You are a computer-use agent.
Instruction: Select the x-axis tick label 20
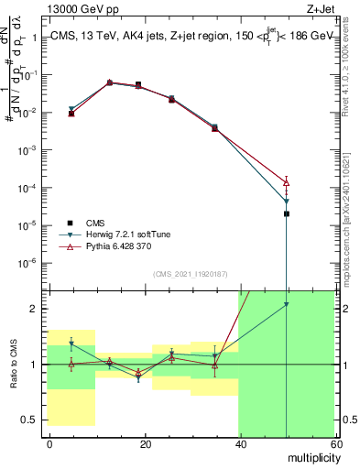(145, 442)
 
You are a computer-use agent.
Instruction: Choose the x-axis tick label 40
(240, 442)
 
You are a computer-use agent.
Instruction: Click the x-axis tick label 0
(49, 442)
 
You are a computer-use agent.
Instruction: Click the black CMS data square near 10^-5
(287, 213)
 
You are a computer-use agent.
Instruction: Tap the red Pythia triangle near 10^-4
(287, 182)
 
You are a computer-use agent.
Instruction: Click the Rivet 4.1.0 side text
(347, 67)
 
